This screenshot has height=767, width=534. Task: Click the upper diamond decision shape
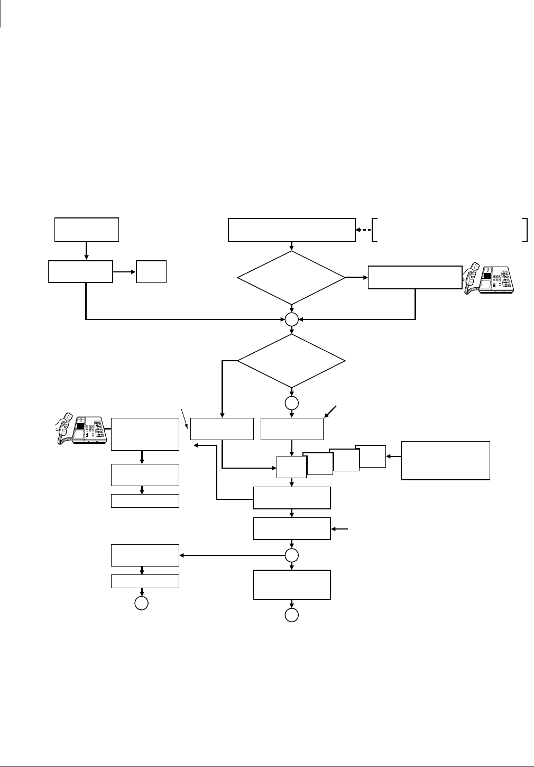coord(291,277)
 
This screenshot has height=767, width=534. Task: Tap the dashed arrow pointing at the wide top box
coord(363,230)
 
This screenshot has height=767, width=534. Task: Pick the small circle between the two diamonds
coord(291,319)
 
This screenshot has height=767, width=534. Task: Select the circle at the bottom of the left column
coord(141,604)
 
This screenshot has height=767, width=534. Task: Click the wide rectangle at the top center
coord(291,230)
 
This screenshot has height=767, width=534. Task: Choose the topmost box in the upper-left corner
coord(87,229)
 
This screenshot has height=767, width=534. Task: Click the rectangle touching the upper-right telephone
coord(415,277)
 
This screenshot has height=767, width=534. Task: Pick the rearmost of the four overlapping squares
coord(371,455)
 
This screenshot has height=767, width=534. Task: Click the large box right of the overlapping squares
coord(445,460)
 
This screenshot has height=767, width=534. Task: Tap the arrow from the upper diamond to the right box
coord(355,277)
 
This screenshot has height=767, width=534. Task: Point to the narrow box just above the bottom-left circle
coord(145,581)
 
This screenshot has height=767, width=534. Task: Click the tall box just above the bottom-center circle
coord(292,585)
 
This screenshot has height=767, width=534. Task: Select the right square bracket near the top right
coord(525,230)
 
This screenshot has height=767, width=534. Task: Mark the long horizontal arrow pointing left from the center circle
coord(233,555)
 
